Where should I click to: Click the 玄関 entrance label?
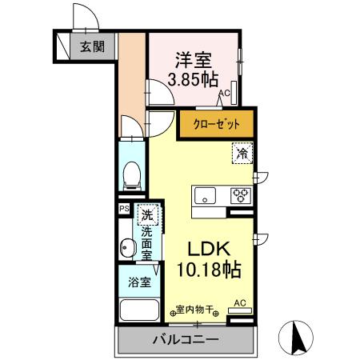[91, 45]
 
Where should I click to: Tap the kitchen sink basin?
[204, 194]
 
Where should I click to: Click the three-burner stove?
[241, 194]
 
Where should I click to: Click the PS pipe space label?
[124, 209]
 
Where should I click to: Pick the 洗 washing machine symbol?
[146, 214]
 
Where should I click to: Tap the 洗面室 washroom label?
[146, 243]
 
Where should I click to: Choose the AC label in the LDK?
[238, 303]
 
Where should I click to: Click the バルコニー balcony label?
[185, 340]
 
